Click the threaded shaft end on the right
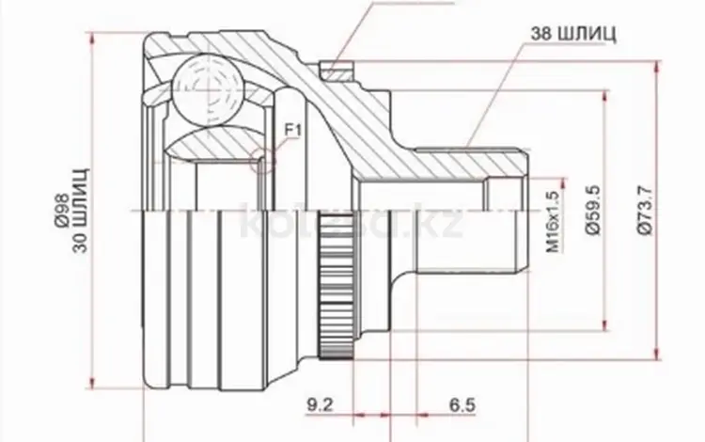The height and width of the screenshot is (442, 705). [508, 226]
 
